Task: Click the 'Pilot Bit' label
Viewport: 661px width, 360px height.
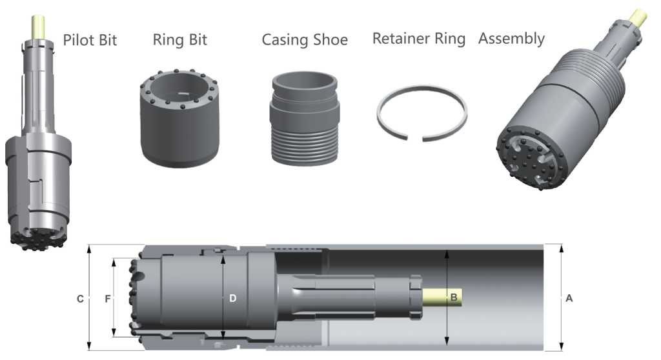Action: [90, 40]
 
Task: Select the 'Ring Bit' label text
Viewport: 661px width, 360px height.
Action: [180, 39]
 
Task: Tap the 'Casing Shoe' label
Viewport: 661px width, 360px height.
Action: [305, 40]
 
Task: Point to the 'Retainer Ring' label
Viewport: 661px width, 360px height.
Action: [418, 39]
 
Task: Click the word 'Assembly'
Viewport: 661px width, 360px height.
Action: [511, 39]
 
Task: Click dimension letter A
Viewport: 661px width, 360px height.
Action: [569, 299]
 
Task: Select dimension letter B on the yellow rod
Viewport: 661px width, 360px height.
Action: [454, 298]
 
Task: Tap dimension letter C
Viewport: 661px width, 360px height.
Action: [80, 299]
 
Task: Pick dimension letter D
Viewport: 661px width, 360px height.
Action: [232, 298]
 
